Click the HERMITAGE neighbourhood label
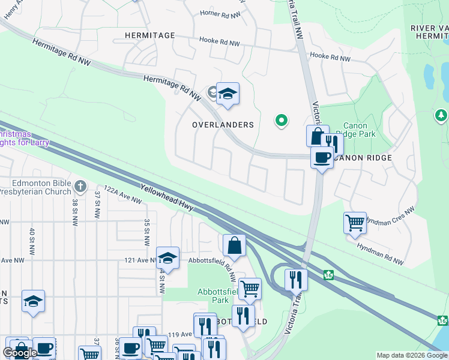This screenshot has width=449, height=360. pyautogui.click(x=150, y=35)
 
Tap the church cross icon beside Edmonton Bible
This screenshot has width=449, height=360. pyautogui.click(x=80, y=186)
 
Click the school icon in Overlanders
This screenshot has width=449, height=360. pyautogui.click(x=228, y=94)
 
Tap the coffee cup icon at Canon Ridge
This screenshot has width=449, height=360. pyautogui.click(x=322, y=157)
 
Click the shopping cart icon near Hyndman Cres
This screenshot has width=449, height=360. pyautogui.click(x=355, y=223)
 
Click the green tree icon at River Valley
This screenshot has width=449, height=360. pyautogui.click(x=441, y=115)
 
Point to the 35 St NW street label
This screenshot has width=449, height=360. pyautogui.click(x=146, y=233)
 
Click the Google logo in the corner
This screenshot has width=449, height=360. pyautogui.click(x=20, y=352)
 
